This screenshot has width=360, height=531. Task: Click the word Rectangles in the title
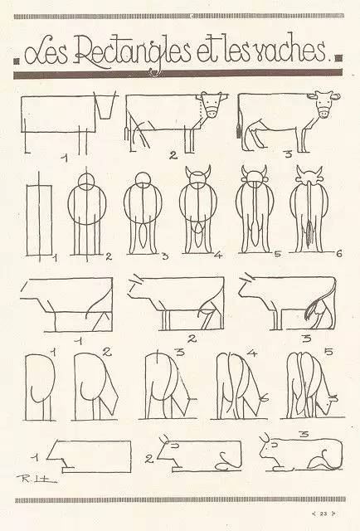point(133,55)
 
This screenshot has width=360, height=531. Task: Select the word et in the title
point(208,53)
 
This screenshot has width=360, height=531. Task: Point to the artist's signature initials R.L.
point(36,478)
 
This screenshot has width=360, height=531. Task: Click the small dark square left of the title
point(16,61)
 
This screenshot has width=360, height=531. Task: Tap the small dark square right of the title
point(338,58)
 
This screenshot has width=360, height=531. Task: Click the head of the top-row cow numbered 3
point(324,103)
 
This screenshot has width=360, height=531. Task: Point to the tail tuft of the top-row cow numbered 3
point(238,130)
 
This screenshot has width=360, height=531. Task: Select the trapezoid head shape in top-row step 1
point(105,105)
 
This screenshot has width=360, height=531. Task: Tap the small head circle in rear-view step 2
point(86,182)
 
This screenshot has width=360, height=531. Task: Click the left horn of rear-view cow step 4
point(188,170)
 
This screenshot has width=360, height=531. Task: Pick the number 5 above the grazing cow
point(328,353)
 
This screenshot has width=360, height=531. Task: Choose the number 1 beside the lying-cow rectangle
point(35,458)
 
